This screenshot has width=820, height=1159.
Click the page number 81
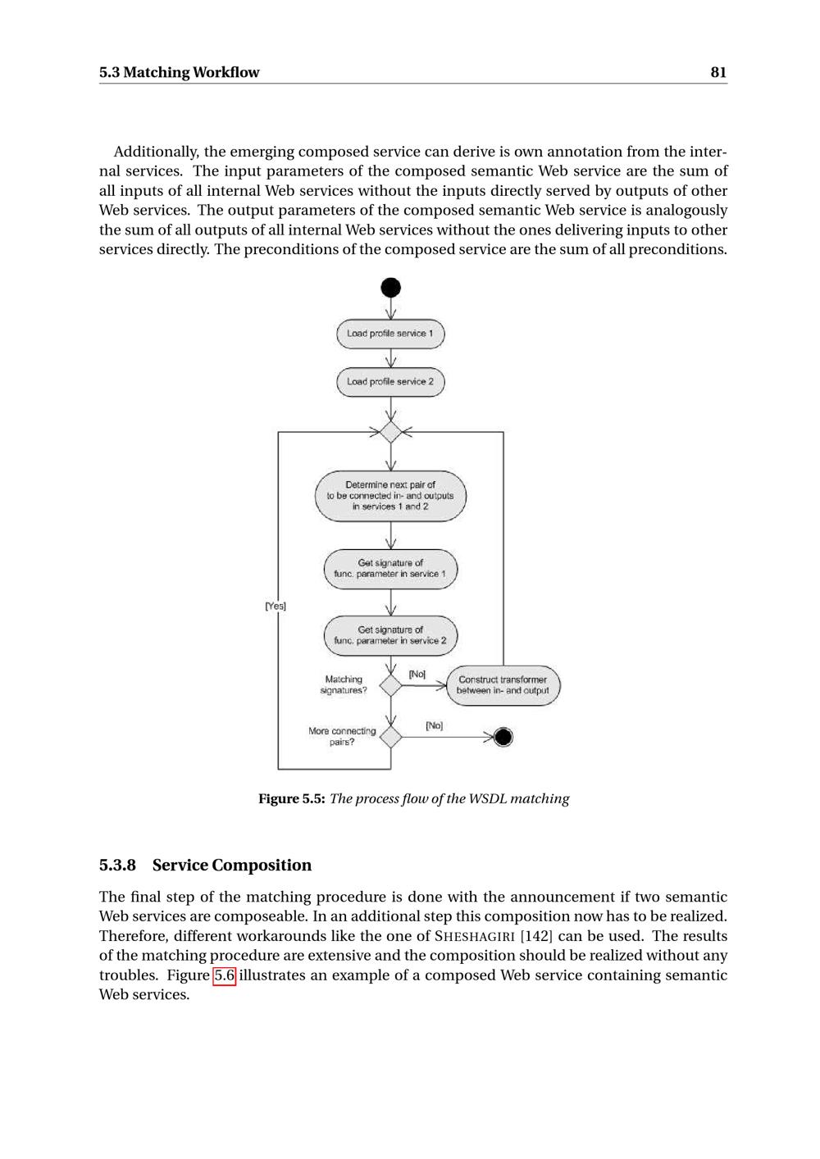click(718, 72)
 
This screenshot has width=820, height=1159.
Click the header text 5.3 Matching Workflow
click(179, 72)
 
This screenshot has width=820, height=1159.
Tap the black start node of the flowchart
click(391, 288)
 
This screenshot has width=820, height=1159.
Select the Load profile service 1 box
click(390, 334)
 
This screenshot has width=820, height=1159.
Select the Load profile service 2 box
click(390, 382)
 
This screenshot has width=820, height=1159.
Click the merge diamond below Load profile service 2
click(391, 431)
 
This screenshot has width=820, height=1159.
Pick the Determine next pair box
click(390, 496)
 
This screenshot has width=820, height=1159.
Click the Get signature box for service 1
click(390, 569)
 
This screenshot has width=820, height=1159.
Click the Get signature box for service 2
click(390, 636)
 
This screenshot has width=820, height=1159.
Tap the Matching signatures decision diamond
click(391, 685)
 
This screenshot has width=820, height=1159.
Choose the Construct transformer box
click(503, 685)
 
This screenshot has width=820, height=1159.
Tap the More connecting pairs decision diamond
click(391, 737)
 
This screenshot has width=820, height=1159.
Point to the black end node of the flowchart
click(503, 737)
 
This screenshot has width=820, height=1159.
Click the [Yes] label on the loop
click(276, 606)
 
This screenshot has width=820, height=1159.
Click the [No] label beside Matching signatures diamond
click(417, 674)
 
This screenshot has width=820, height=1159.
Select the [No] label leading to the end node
click(435, 725)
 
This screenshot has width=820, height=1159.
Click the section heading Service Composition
click(232, 865)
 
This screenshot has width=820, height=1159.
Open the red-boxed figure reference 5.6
click(225, 975)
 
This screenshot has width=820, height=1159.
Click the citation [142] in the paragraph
click(536, 936)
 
